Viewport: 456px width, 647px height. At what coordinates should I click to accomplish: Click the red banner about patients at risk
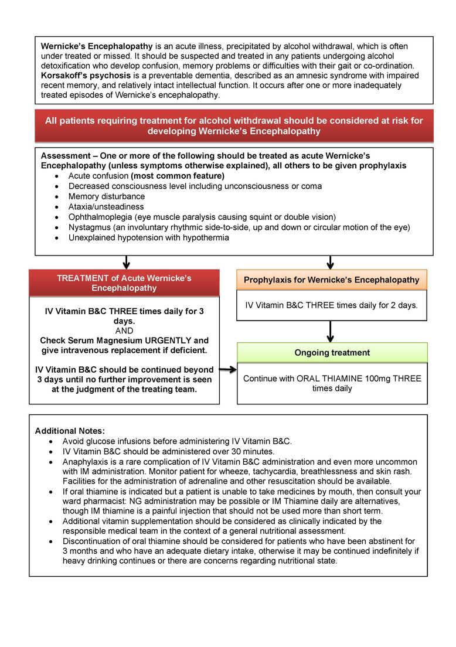coord(234,125)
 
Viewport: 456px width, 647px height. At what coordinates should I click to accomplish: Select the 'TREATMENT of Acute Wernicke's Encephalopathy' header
coord(124,283)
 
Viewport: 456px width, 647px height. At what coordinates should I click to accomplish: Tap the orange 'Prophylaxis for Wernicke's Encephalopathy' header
coord(331,280)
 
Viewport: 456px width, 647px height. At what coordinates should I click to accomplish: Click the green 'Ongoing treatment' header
coord(332,353)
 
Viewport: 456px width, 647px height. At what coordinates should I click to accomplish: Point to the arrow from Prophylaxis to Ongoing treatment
coord(331,331)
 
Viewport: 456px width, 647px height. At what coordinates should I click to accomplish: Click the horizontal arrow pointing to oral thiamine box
coord(227,370)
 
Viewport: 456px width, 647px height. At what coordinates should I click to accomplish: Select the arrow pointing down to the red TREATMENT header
coord(127,261)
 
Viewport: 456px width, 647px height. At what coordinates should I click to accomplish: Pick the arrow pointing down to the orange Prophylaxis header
coord(331,261)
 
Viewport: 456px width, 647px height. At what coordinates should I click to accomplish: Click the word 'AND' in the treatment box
coord(124,331)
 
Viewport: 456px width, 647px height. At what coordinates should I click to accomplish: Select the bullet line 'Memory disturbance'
coord(106,196)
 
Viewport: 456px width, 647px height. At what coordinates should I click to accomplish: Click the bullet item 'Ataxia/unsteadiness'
coord(106,206)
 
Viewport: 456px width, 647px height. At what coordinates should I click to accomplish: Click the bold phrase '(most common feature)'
coord(177,176)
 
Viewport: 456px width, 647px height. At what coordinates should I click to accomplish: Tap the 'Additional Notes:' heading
coord(70,431)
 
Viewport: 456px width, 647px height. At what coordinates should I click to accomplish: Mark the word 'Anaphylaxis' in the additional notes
coord(87,462)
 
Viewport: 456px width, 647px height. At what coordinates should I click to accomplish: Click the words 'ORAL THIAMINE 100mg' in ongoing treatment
coord(344,379)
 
